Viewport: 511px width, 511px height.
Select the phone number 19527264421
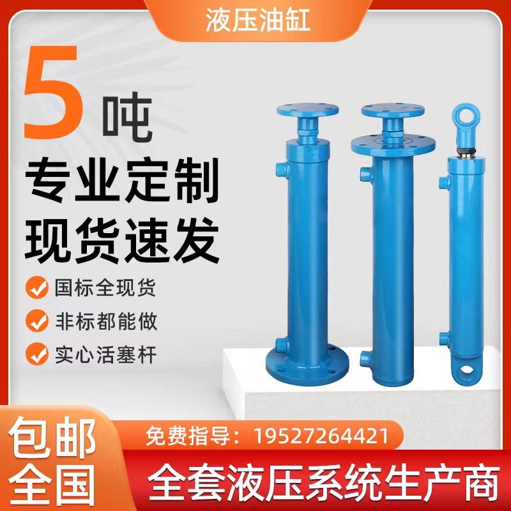[321, 437]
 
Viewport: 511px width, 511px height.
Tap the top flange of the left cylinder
[308, 109]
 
